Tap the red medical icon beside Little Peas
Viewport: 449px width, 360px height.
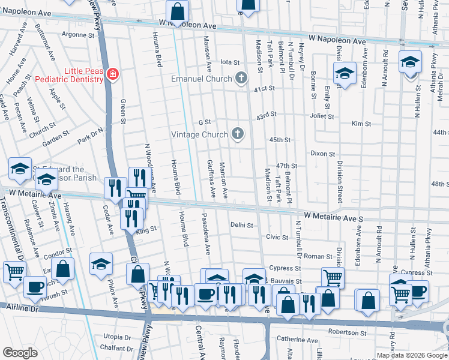[x=112, y=74]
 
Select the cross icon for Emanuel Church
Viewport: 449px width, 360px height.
[x=241, y=78]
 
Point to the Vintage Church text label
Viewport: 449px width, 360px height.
[x=200, y=134]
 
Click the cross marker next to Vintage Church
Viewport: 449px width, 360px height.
[x=238, y=134]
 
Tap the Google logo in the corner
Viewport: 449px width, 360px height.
[x=20, y=353]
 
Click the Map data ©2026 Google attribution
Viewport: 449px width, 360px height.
[x=412, y=355]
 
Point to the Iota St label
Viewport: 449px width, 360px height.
[x=230, y=62]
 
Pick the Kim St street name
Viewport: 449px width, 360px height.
[x=361, y=124]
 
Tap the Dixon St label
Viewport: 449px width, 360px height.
[x=322, y=154]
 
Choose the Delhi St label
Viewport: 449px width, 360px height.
[x=242, y=226]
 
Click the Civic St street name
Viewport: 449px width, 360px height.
[x=277, y=237]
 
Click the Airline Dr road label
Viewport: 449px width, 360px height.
[x=19, y=306]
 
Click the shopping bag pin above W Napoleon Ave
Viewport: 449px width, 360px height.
[x=178, y=11]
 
